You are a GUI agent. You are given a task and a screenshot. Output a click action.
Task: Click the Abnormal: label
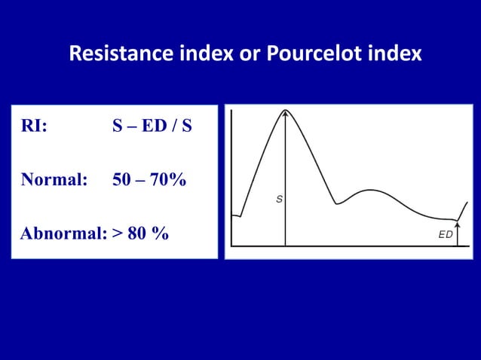pyautogui.click(x=63, y=233)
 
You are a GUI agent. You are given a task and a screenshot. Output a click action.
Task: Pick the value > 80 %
pyautogui.click(x=141, y=233)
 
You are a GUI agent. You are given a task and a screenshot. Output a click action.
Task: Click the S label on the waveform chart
pyautogui.click(x=279, y=200)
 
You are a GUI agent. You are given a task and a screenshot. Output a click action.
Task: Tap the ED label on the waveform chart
pyautogui.click(x=446, y=234)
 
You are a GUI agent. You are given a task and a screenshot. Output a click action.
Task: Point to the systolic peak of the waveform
pyautogui.click(x=286, y=111)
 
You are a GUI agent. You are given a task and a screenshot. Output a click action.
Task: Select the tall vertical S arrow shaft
pyautogui.click(x=286, y=181)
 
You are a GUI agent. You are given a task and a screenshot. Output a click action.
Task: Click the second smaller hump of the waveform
pyautogui.click(x=370, y=191)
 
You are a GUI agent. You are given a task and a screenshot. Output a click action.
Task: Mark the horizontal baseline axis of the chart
pyautogui.click(x=347, y=246)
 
